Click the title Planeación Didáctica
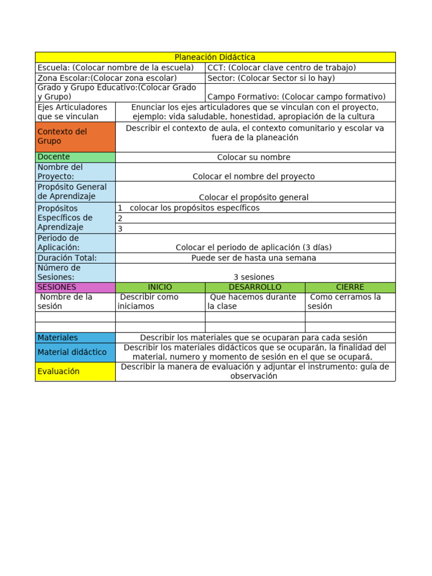point(215,57)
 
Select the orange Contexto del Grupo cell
point(75,137)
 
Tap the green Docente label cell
point(75,157)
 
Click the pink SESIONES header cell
point(75,287)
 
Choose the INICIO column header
point(160,287)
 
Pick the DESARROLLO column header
point(255,287)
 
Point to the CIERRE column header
point(350,287)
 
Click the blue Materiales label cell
point(75,337)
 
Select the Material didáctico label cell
point(75,352)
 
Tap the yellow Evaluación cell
point(75,371)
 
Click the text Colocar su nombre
point(254,157)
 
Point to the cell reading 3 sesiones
point(254,277)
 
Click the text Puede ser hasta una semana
point(254,258)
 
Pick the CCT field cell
point(300,67)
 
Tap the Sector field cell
point(300,78)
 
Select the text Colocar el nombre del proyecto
point(254,176)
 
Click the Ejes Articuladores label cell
point(75,111)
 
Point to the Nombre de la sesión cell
point(75,301)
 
